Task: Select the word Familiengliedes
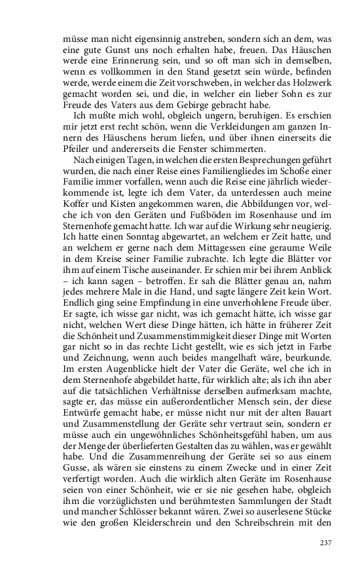click(209, 172)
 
